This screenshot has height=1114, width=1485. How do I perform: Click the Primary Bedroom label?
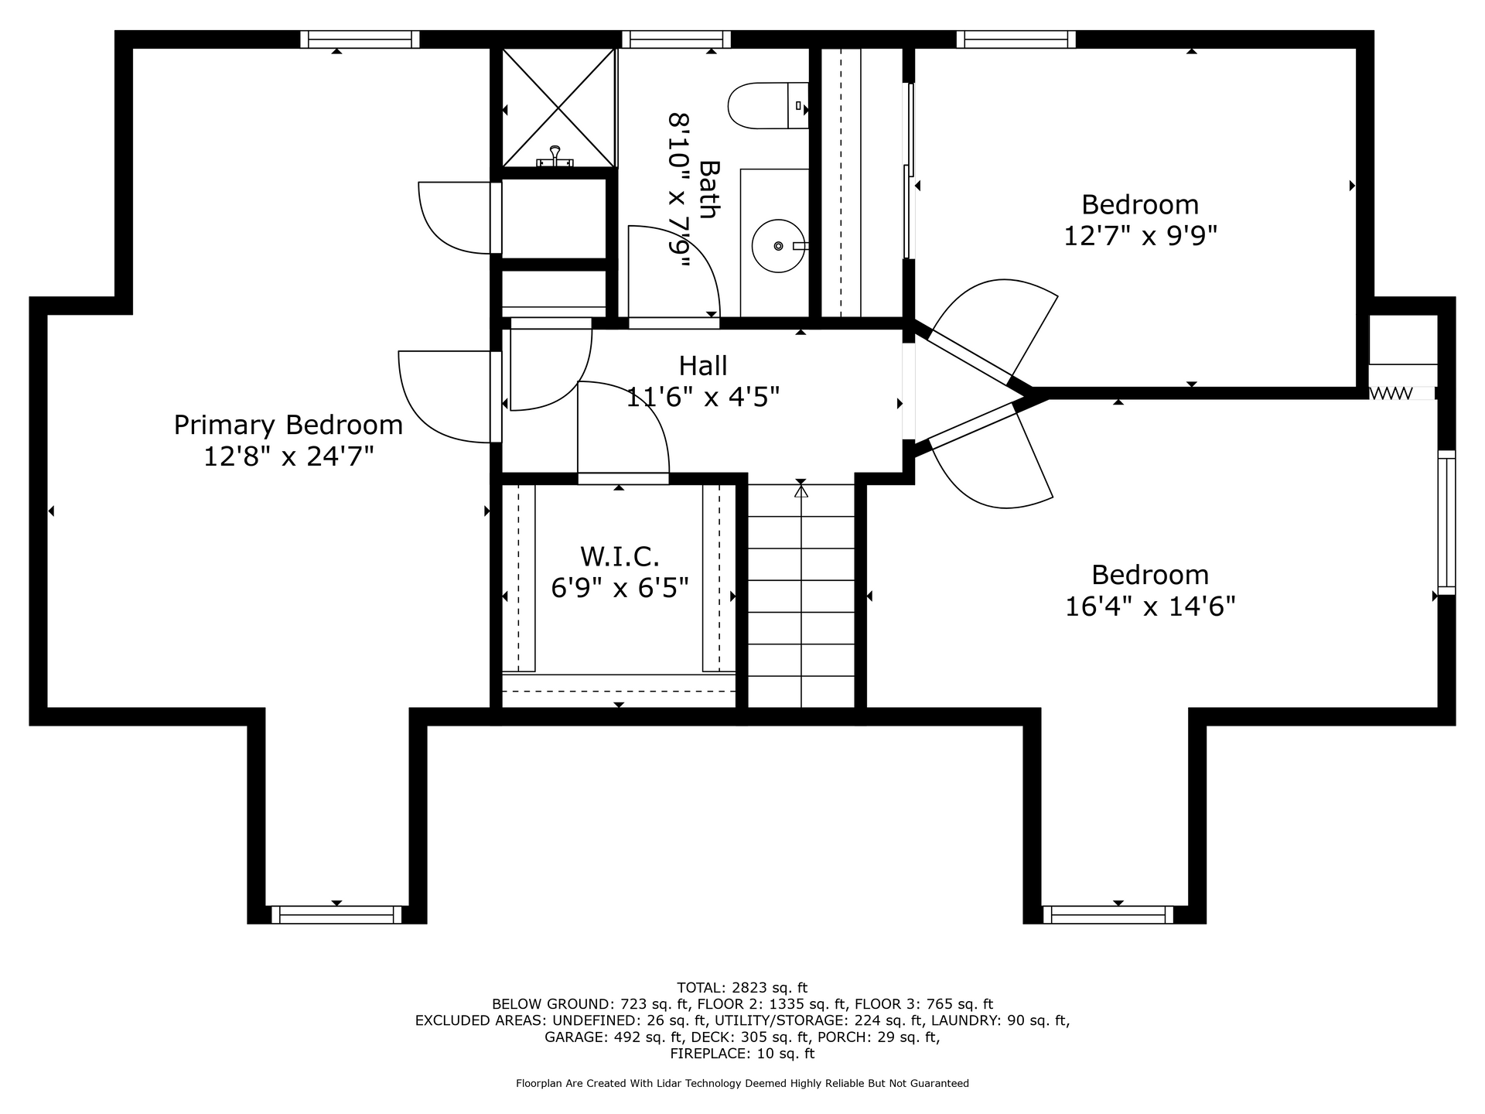(288, 425)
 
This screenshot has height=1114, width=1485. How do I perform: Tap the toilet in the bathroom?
(768, 105)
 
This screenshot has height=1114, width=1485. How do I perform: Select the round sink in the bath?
(779, 246)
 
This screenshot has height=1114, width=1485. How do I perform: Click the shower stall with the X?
(558, 108)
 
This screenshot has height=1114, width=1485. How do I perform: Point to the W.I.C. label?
(620, 555)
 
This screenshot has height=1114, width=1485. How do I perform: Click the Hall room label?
(703, 365)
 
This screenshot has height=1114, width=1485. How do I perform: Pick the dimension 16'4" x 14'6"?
(1150, 607)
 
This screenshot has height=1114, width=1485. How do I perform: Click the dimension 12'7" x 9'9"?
(1140, 235)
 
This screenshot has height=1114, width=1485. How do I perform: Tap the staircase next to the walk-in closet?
(801, 595)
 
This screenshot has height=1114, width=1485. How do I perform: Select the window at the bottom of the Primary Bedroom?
(336, 914)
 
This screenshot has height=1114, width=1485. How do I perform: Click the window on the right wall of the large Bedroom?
(1446, 522)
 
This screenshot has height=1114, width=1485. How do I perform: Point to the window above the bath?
(676, 39)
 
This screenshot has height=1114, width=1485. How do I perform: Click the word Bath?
(708, 190)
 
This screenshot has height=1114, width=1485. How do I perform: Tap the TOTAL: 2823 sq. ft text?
(742, 988)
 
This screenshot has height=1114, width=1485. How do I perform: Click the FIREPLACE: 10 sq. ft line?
(742, 1054)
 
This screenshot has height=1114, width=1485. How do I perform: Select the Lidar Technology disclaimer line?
(742, 1084)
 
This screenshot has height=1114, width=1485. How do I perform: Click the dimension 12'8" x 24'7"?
(288, 457)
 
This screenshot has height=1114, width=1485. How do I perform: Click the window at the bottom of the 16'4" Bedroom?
(1108, 914)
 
